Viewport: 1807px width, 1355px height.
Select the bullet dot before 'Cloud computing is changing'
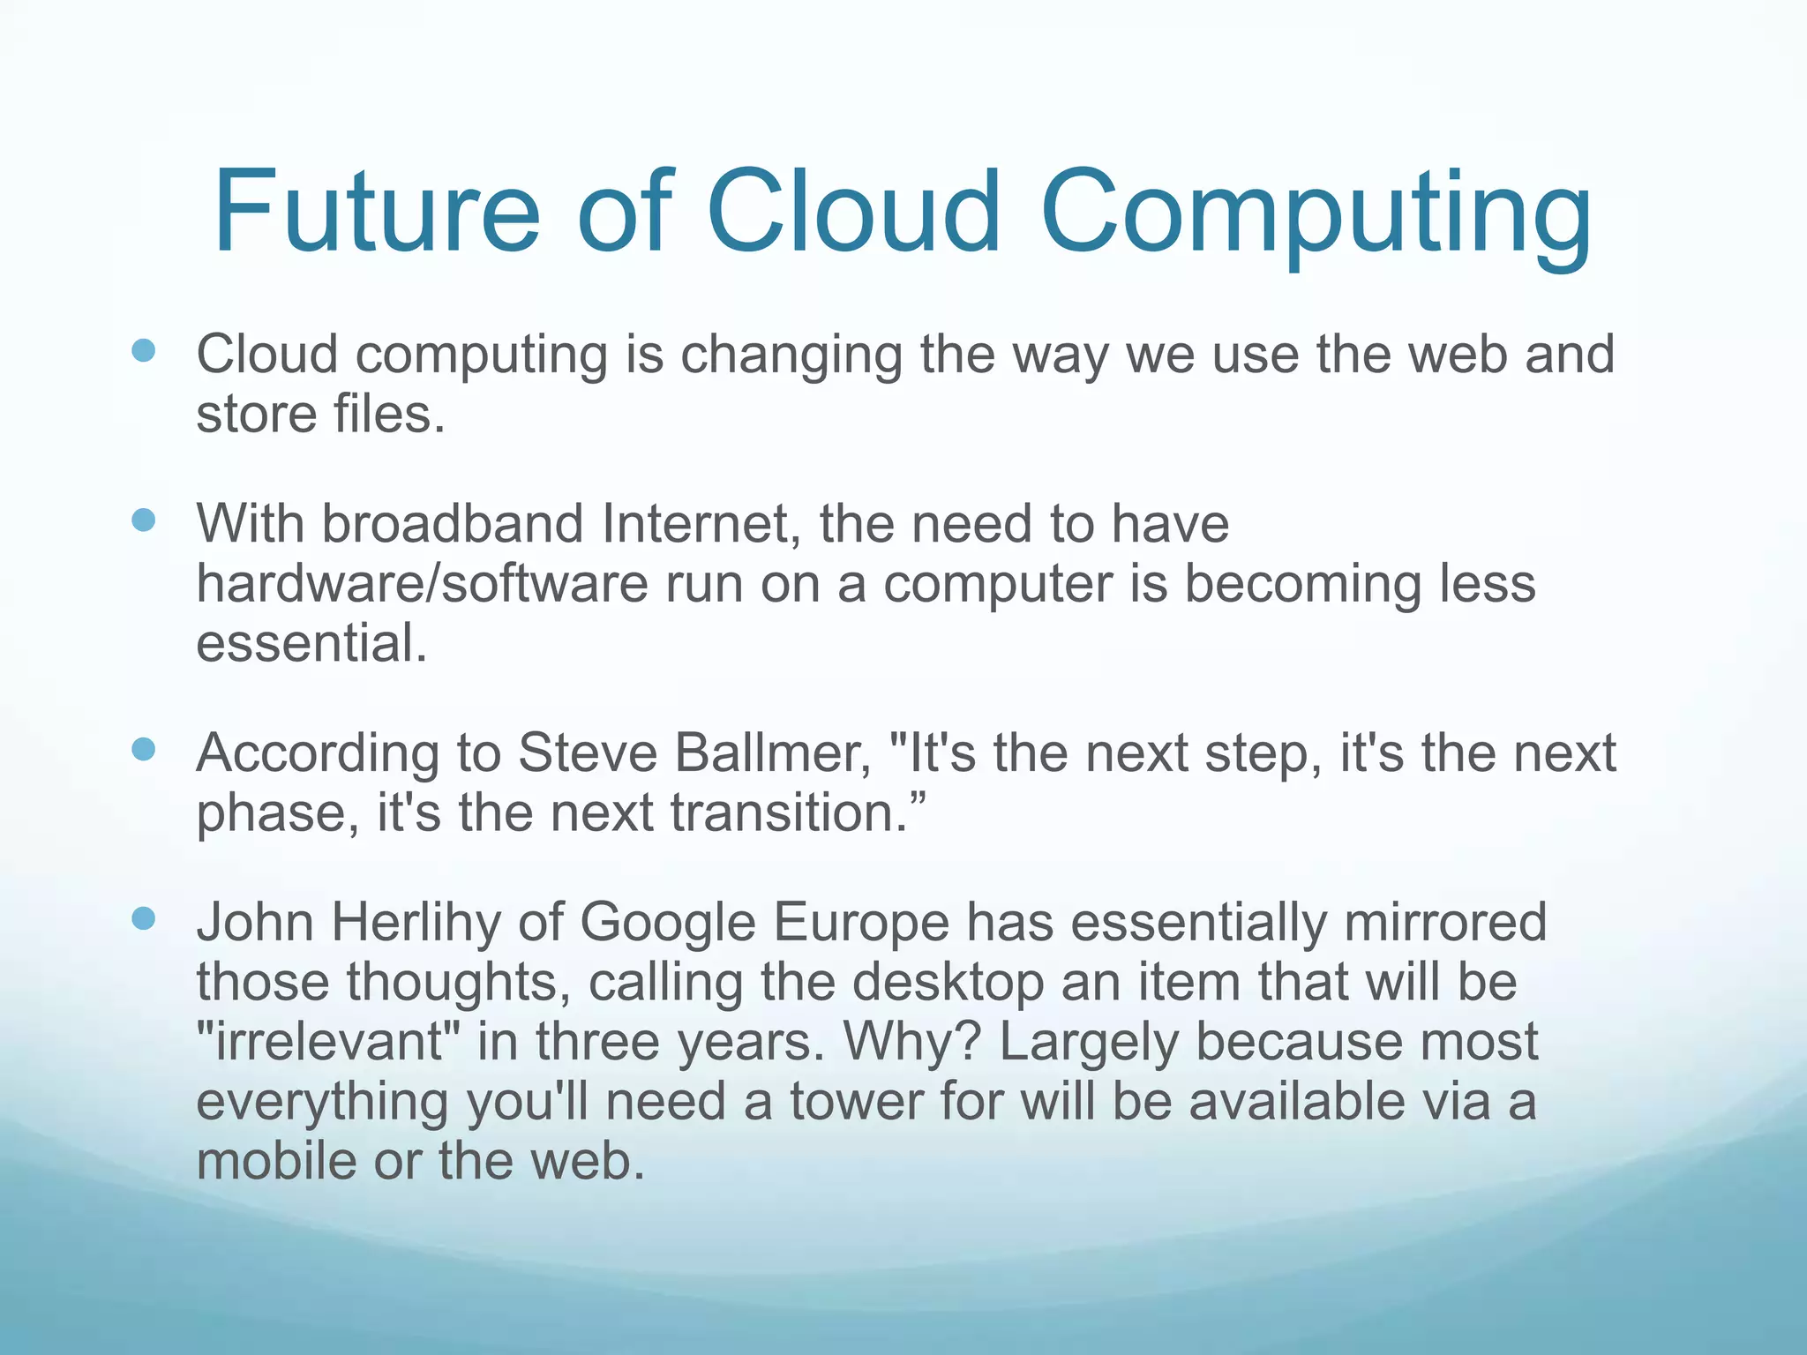[x=143, y=351]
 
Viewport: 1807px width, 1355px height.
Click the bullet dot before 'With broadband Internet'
[x=143, y=520]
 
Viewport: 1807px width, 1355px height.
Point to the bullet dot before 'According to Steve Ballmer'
[x=143, y=750]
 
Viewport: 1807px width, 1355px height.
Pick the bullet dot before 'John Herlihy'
[x=143, y=919]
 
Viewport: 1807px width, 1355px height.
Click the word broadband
[x=452, y=523]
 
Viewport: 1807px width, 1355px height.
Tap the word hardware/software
[x=423, y=584]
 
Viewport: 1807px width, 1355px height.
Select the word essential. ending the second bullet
[x=311, y=643]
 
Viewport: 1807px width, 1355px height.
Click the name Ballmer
[x=773, y=753]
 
